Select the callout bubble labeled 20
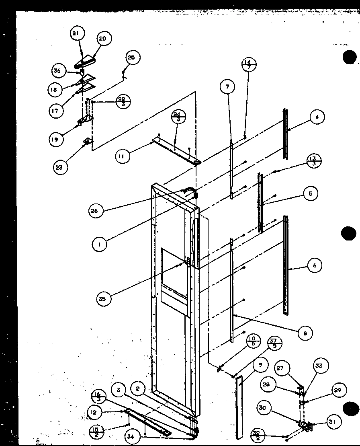[x=102, y=39]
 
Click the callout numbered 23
[x=59, y=167]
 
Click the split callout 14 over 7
[x=249, y=64]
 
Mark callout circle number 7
[x=228, y=86]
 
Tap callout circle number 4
[x=317, y=117]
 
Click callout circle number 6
[x=315, y=265]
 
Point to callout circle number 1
[x=99, y=244]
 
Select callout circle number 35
[x=104, y=298]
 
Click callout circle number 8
[x=305, y=333]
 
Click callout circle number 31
[x=334, y=422]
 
